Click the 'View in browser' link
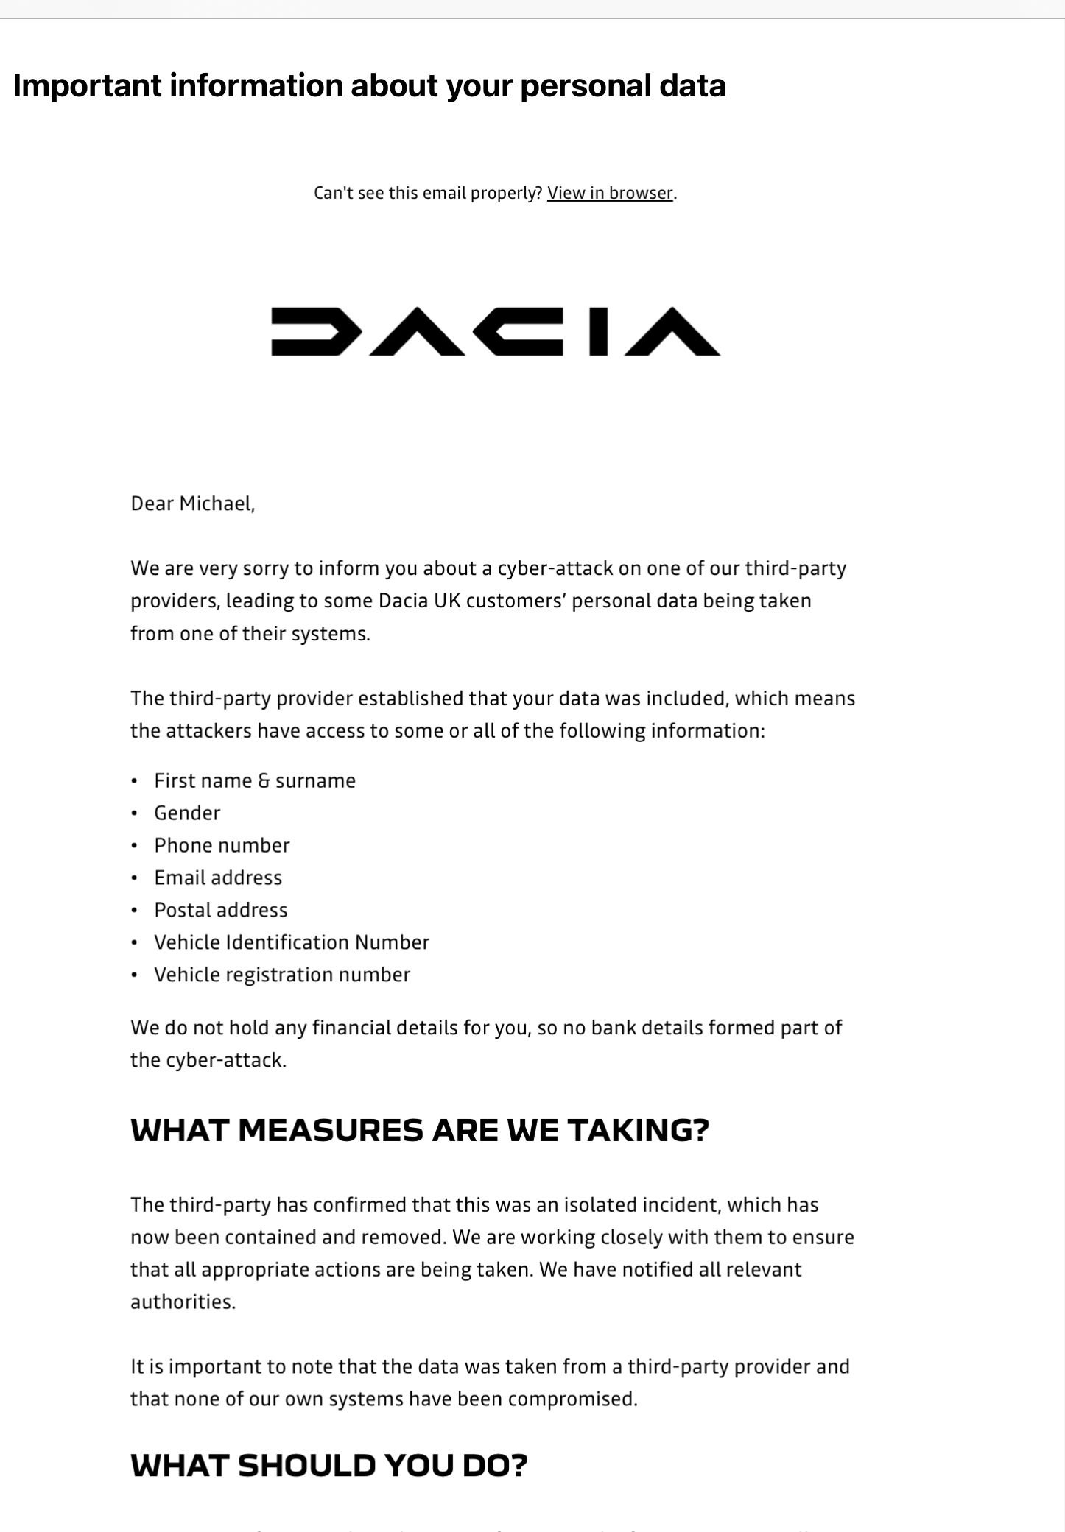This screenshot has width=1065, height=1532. [610, 193]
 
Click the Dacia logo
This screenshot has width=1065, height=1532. [496, 331]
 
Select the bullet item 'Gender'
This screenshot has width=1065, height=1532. [187, 813]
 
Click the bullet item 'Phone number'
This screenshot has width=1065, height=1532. [222, 845]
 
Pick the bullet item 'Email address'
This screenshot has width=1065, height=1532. [218, 878]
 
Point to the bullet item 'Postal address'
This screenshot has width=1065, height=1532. [221, 910]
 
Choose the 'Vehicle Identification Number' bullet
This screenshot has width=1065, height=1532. [292, 942]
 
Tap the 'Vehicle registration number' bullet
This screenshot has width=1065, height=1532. [282, 975]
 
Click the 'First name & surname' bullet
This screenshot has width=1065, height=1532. [255, 780]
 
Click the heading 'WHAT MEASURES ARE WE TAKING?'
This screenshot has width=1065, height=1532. [419, 1130]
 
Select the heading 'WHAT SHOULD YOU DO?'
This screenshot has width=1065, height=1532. [328, 1465]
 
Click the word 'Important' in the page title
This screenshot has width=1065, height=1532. [87, 85]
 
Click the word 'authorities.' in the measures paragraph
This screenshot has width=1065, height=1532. [183, 1302]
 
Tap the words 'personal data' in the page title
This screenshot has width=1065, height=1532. [623, 85]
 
